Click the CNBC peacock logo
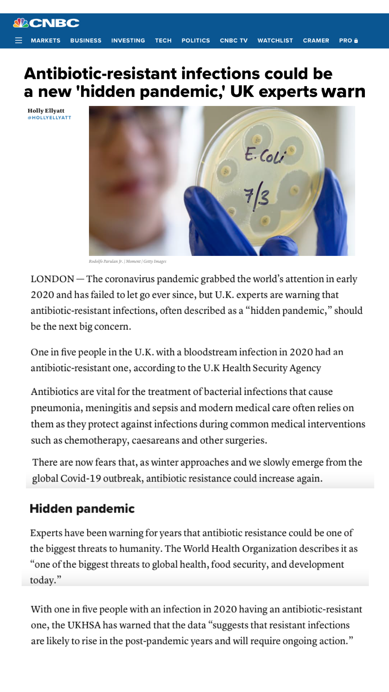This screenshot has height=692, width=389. pyautogui.click(x=21, y=23)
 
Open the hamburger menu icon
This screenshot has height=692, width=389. pyautogui.click(x=19, y=40)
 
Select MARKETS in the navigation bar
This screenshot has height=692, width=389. pyautogui.click(x=45, y=40)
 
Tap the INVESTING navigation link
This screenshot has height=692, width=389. pyautogui.click(x=128, y=40)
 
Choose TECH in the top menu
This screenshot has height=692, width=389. pyautogui.click(x=163, y=40)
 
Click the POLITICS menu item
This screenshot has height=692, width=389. pyautogui.click(x=196, y=40)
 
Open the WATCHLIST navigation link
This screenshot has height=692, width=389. pyautogui.click(x=275, y=40)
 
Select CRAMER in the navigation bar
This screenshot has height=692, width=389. pyautogui.click(x=316, y=40)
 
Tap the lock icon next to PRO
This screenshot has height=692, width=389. pyautogui.click(x=356, y=41)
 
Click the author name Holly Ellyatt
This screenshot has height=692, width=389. pyautogui.click(x=46, y=111)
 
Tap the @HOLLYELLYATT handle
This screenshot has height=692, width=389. pyautogui.click(x=49, y=118)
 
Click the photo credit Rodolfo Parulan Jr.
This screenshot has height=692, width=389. pyautogui.click(x=106, y=261)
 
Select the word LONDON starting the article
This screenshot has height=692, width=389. pyautogui.click(x=52, y=279)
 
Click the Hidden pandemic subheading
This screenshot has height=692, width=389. pyautogui.click(x=82, y=509)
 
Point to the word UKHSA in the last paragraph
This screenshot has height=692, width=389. pyautogui.click(x=84, y=625)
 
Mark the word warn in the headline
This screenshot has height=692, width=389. pyautogui.click(x=343, y=92)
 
